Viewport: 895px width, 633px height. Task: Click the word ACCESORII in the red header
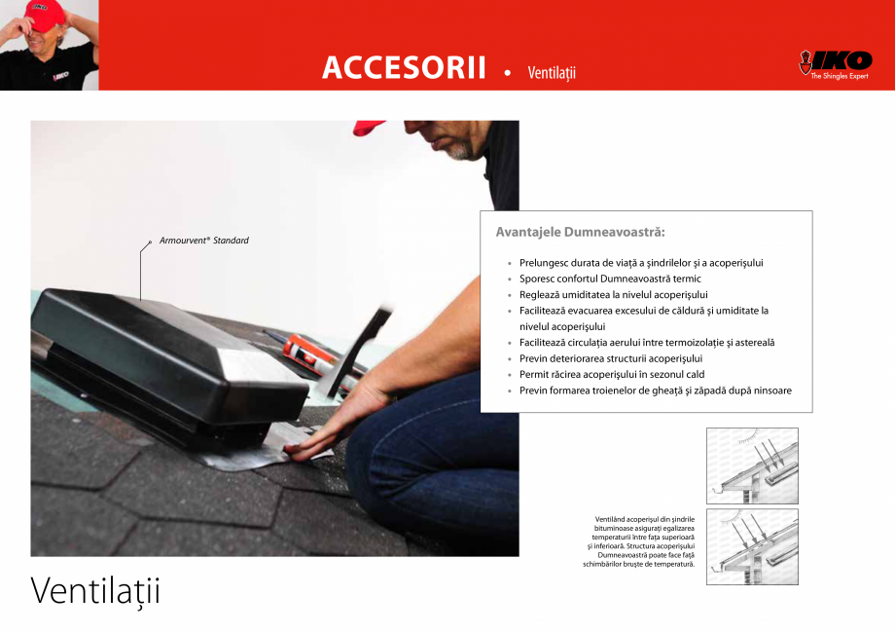click(403, 68)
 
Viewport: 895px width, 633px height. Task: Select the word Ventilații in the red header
click(552, 73)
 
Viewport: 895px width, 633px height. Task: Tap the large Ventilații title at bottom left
click(94, 590)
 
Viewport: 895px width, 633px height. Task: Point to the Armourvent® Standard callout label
click(203, 241)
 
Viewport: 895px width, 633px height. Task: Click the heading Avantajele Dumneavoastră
click(580, 233)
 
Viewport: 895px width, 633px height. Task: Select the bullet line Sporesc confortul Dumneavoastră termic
click(610, 279)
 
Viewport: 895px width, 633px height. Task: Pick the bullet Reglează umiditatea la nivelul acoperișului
click(613, 294)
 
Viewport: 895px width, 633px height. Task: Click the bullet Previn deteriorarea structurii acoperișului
click(618, 358)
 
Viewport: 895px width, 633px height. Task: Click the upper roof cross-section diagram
click(751, 465)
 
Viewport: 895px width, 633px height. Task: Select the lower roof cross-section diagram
click(751, 546)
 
